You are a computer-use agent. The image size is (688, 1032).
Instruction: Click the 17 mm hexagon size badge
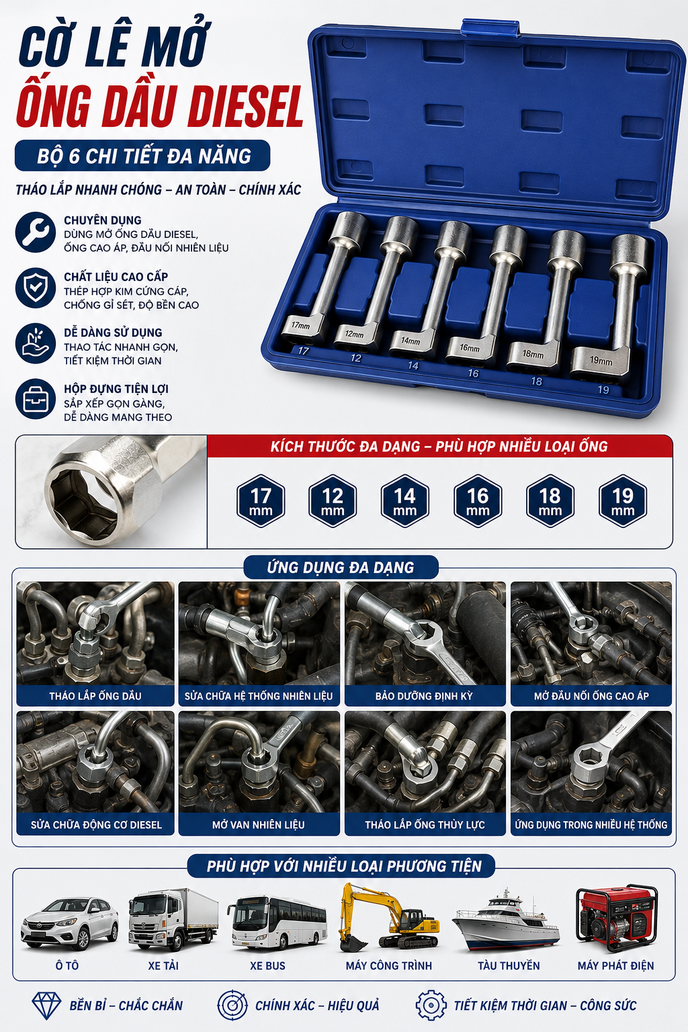click(261, 501)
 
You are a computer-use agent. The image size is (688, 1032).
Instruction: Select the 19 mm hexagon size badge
click(623, 501)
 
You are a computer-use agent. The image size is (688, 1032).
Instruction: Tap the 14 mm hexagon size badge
click(405, 501)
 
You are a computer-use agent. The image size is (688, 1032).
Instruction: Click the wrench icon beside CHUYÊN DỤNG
click(36, 232)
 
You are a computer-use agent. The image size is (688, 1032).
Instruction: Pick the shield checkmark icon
click(36, 288)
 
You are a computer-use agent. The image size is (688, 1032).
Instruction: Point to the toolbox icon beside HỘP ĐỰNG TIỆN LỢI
click(36, 399)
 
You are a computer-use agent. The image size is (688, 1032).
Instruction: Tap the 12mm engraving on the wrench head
click(354, 334)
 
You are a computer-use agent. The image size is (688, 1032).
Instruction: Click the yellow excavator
click(388, 917)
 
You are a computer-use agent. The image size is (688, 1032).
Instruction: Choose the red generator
click(617, 917)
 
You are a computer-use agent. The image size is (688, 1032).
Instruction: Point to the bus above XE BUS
click(277, 920)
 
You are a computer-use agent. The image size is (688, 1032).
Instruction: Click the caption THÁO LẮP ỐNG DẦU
click(95, 695)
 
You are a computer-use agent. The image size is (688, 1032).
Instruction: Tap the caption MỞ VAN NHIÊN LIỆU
click(259, 824)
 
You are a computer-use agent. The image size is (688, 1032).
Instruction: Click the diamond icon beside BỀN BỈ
click(46, 1006)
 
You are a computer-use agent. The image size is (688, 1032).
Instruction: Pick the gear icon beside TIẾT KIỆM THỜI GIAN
click(431, 1005)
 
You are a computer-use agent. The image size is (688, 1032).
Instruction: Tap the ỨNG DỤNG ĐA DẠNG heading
click(341, 567)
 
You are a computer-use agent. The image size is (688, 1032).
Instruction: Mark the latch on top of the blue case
click(490, 27)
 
